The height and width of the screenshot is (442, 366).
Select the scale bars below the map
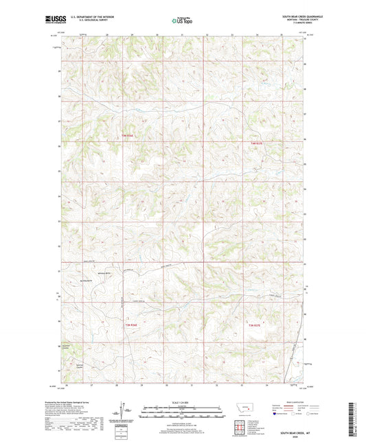click(182, 413)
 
